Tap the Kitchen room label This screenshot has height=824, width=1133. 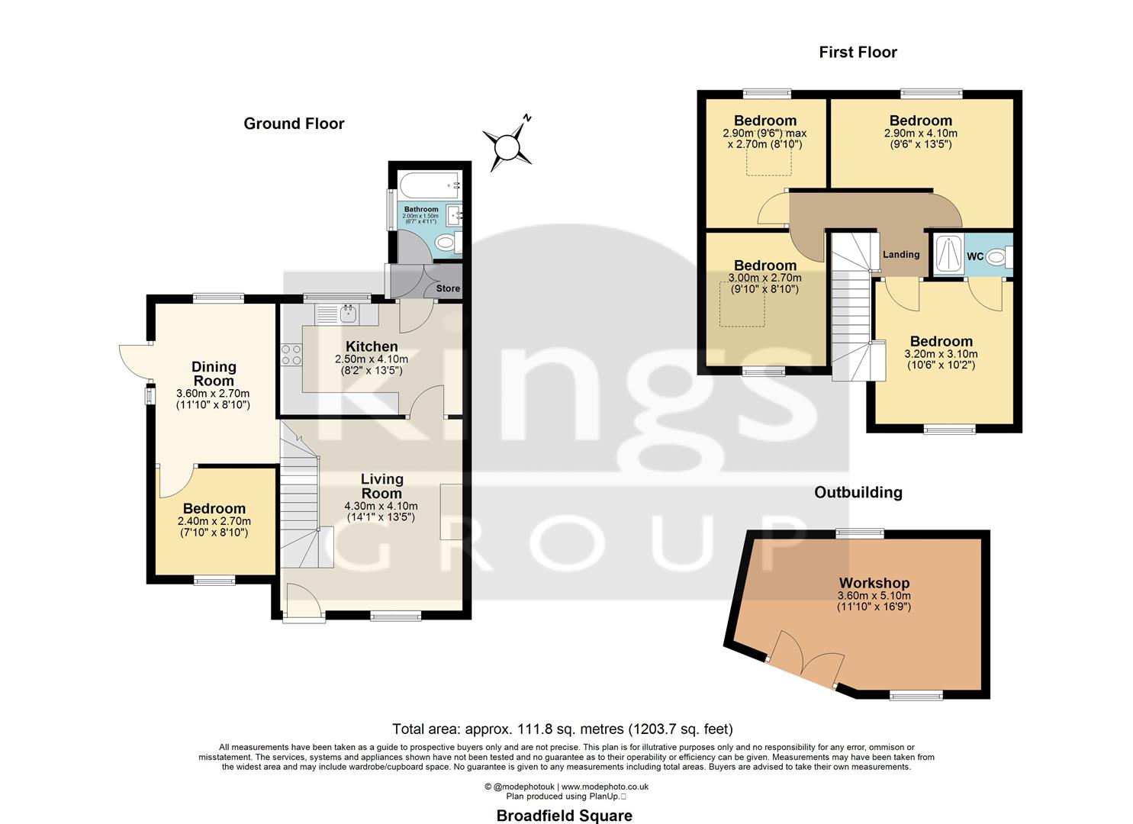tap(372, 346)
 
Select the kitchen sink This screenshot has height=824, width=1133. tap(348, 313)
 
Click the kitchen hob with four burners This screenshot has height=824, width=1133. tap(291, 355)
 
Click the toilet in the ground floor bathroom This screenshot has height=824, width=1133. tap(445, 243)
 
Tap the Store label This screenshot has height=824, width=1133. tap(448, 288)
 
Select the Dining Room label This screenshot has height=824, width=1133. tap(214, 374)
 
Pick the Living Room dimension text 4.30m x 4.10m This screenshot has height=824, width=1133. tap(381, 506)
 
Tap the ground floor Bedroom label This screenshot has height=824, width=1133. tap(214, 508)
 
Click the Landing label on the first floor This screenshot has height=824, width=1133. tap(901, 254)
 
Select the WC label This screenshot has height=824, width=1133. tap(975, 256)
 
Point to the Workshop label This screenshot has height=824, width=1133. tap(874, 583)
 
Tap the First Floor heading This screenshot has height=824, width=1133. tap(858, 52)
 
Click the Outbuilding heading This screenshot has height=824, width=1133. tap(858, 492)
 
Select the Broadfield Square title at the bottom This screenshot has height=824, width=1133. tap(564, 816)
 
